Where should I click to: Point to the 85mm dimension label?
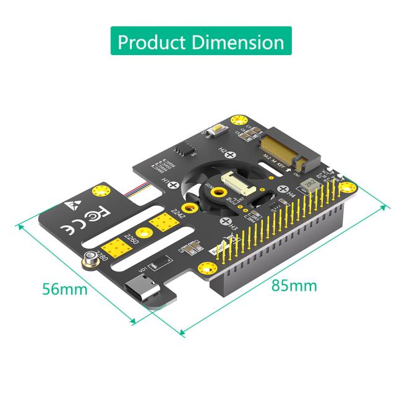coord(294,285)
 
